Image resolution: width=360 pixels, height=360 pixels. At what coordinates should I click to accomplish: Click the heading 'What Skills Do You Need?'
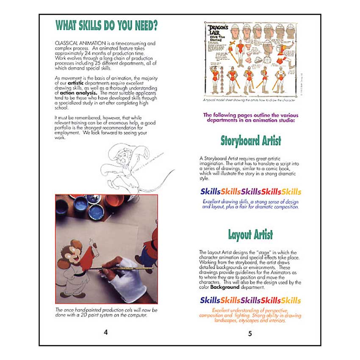coord(107,26)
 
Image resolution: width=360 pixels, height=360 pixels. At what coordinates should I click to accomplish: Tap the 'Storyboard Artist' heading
coord(251,140)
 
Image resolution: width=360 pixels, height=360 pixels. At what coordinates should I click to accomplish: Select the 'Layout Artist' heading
coord(250,235)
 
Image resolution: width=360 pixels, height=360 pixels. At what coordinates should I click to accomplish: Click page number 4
coord(105,332)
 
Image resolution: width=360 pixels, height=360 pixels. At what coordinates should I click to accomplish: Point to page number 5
coord(250,334)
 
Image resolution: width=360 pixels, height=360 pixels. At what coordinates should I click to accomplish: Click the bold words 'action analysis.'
coord(79,92)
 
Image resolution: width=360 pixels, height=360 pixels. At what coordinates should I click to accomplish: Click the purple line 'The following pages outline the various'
coord(251,115)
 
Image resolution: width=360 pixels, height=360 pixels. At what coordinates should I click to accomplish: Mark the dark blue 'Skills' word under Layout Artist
coord(210,300)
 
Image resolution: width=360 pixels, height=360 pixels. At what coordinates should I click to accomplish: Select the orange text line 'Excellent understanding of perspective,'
coord(250,311)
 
